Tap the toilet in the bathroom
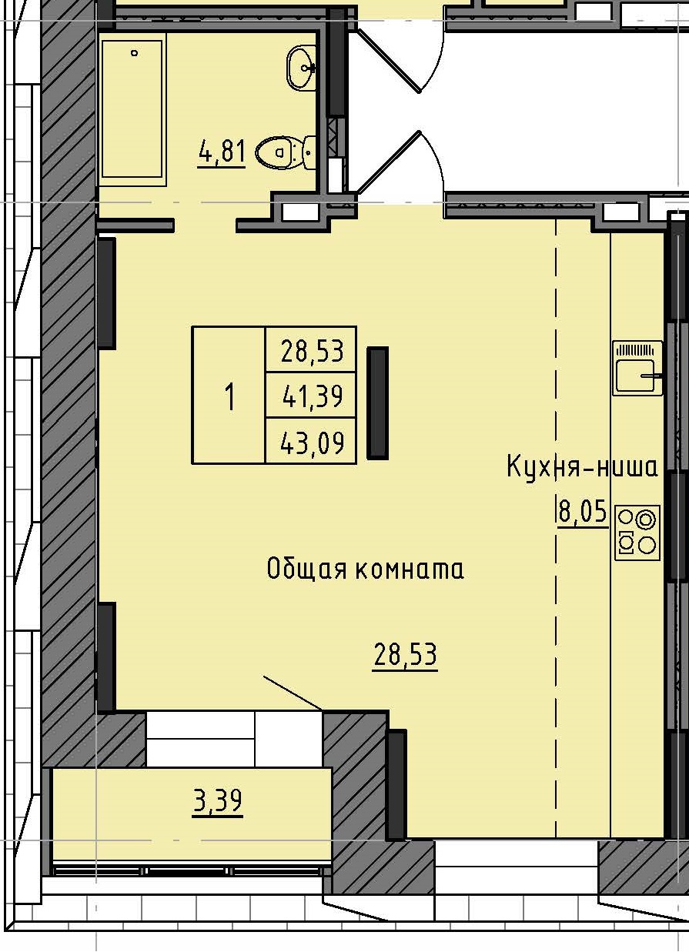coord(281,152)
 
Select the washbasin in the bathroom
coord(303,68)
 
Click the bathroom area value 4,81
coord(222,152)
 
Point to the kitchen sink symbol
coord(637,369)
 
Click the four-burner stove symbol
coord(637,532)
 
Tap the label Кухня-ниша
coord(582,467)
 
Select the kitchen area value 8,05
coord(582,512)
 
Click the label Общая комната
coord(365,570)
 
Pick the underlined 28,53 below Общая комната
coord(405,656)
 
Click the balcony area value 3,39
coord(217,801)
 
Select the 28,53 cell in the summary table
coord(311,352)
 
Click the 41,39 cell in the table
coord(311,396)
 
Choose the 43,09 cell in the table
coord(311,443)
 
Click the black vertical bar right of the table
coord(377,403)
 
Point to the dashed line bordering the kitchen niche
coord(556,616)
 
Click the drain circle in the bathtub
coord(135,53)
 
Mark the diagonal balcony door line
coord(293,693)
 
